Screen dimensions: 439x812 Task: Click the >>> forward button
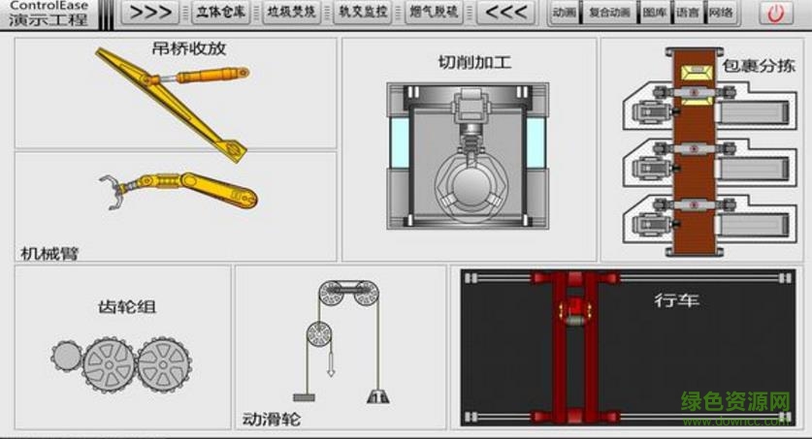[x=152, y=13]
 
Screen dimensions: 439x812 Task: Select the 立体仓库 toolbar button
[x=220, y=13]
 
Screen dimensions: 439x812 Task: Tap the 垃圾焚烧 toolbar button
[x=292, y=13]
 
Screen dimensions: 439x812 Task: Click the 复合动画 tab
[x=609, y=13]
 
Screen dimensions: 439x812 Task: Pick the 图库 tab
[x=655, y=13]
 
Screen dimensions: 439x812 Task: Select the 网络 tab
[x=720, y=13]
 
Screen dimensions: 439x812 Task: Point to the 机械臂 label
[x=49, y=253]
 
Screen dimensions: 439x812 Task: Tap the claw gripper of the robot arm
[x=114, y=189]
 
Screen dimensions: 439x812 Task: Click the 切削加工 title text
[x=474, y=63]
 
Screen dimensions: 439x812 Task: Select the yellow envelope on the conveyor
[x=695, y=76]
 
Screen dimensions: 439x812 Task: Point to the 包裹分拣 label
[x=758, y=66]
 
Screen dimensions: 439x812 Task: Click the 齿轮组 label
[x=126, y=307]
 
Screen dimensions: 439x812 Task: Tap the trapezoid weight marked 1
[x=377, y=394]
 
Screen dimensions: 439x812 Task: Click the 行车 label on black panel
[x=676, y=300]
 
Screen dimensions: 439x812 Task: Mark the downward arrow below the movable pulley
[x=331, y=366]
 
